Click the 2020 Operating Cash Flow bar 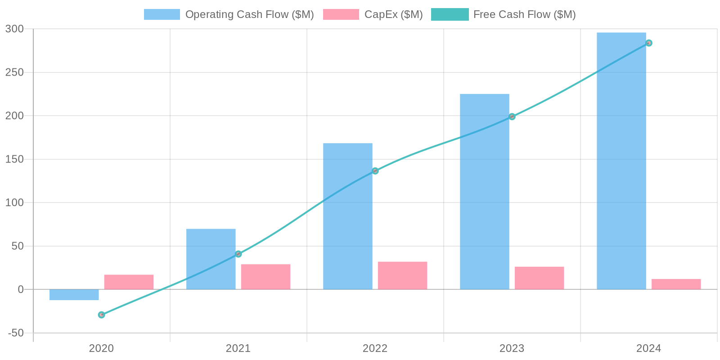pos(74,295)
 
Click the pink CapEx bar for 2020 pos(129,282)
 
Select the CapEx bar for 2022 pos(402,275)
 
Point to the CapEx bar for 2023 pos(539,278)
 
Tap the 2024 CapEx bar pos(676,284)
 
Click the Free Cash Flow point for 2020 pos(101,315)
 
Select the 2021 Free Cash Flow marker pos(238,254)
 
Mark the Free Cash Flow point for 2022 pos(375,171)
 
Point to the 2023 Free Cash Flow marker pos(512,117)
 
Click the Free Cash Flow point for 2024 pos(648,43)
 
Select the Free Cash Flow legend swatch pos(450,14)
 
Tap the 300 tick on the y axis pos(14,29)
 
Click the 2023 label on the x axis pos(512,348)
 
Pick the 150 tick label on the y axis pos(14,159)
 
